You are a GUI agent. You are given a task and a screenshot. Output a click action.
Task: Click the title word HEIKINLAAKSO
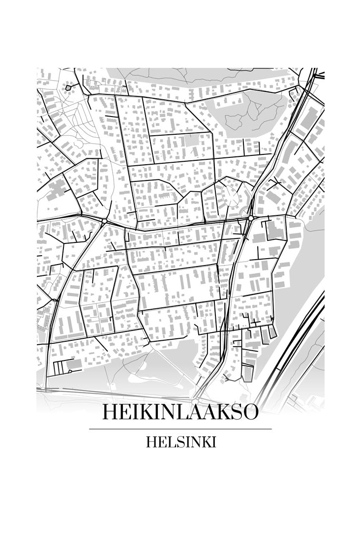coord(180,412)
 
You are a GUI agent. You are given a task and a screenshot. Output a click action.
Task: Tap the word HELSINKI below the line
coord(180,442)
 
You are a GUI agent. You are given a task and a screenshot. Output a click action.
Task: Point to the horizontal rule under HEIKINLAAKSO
coord(180,429)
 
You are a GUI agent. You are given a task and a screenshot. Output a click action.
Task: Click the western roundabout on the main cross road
coord(104,222)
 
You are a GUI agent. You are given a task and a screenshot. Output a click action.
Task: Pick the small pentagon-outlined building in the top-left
coord(68,87)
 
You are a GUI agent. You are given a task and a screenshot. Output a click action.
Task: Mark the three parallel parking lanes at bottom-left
coord(60,366)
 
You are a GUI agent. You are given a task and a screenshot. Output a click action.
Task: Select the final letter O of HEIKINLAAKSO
coord(249,412)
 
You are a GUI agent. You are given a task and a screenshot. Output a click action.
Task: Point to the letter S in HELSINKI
coord(176,442)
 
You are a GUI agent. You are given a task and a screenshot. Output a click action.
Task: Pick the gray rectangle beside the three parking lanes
coord(74,364)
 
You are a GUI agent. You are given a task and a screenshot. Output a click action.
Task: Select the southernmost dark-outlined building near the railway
coord(248,374)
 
